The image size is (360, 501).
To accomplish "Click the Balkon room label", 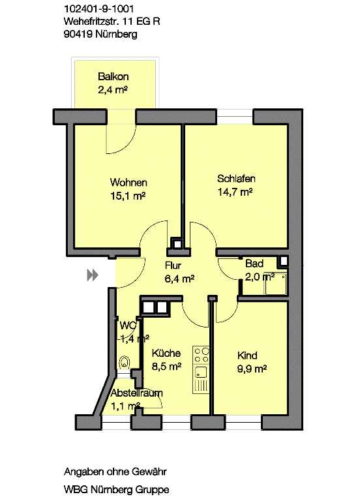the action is coord(113,77).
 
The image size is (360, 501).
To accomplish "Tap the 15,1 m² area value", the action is coord(128,196).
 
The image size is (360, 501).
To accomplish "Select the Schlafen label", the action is coord(236,179).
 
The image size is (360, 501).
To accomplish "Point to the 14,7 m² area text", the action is coord(235,192).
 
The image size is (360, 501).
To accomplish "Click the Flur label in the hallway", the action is coord(173,266).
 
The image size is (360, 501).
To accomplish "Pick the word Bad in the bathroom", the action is coord(254,264).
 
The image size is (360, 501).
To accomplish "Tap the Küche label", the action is coord(166,353).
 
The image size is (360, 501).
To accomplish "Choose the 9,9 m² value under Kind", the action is coord(252,369).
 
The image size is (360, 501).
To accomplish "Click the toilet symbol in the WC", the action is coord(125,363).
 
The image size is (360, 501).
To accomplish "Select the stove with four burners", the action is coord(202,356).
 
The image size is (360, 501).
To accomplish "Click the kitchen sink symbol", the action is coord(202,373).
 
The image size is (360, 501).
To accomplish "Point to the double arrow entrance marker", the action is coord(93,275).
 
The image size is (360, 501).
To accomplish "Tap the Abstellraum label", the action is coord(137,393).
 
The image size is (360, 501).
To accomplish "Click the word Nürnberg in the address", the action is coord(116,34).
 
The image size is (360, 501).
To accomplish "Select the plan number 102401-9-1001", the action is coord(98,9).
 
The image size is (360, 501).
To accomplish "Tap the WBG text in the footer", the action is coord(76,489).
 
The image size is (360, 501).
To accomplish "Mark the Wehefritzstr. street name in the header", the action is coord(91,22).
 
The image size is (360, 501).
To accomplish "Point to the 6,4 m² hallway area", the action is coord(179,279).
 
